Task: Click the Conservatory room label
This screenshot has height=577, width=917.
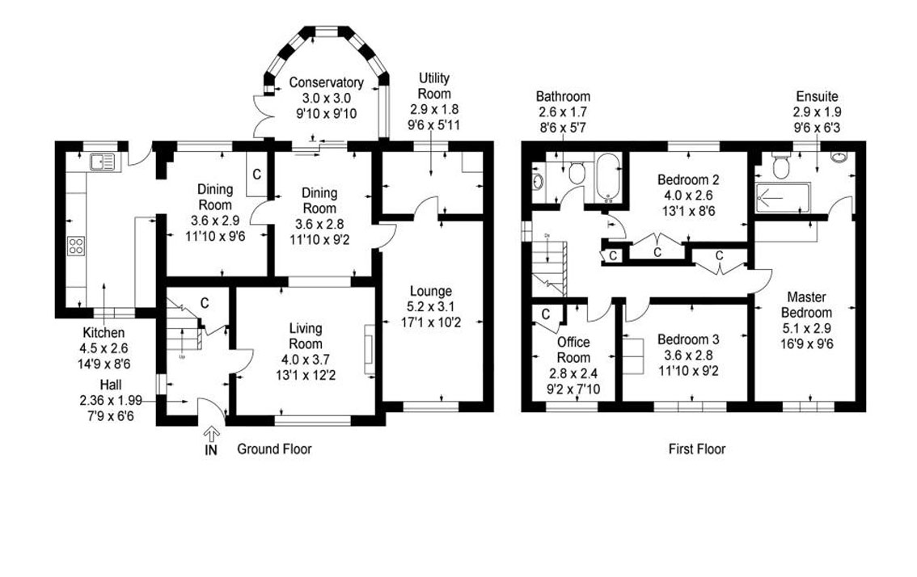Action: coord(326,82)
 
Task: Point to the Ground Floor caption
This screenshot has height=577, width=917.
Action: coord(274,449)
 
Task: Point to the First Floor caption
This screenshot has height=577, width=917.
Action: coord(697,449)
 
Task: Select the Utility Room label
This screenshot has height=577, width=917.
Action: coord(434,86)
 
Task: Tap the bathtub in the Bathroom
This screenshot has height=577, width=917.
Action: coord(606,177)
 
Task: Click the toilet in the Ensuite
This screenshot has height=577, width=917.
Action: coord(781,166)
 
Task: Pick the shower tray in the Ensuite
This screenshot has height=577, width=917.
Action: coord(781,196)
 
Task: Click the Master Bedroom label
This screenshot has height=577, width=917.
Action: coord(806,305)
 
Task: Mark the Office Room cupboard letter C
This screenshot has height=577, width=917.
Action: coord(546,314)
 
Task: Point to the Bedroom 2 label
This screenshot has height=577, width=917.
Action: coord(688,179)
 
